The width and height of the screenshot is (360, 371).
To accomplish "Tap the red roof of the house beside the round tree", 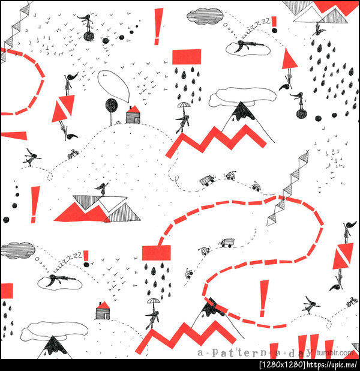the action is pos(134,109).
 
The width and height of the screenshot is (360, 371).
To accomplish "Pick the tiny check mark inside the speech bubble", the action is pos(104,75).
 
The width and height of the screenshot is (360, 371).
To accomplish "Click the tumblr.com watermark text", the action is pos(335,353).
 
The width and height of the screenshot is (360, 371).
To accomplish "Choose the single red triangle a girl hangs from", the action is pos(289,59).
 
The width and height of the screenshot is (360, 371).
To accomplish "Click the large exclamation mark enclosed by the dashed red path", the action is pos(263,298).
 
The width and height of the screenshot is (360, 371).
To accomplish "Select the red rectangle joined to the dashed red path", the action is pos(156,253).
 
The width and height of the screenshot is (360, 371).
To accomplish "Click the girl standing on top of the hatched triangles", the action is pos(103,189).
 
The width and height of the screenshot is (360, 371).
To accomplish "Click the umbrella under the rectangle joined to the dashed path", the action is pos(154,301).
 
